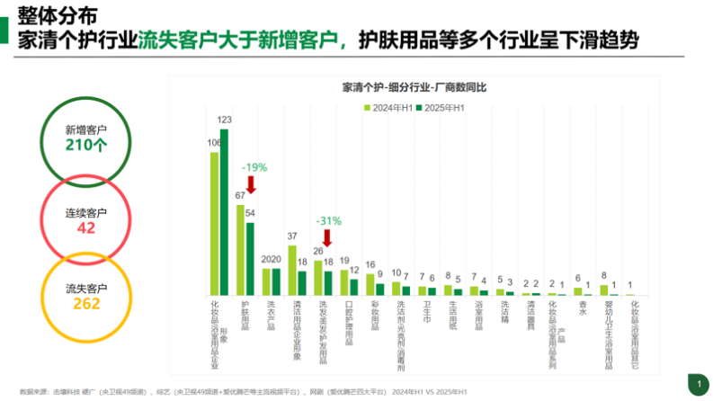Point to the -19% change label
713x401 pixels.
[x=254, y=167]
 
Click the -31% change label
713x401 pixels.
[x=328, y=220]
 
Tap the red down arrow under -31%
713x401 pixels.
[x=328, y=237]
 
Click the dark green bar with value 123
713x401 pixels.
[x=225, y=212]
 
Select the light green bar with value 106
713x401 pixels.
[x=215, y=223]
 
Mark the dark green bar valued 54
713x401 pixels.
[x=251, y=258]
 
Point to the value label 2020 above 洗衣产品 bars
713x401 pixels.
[x=271, y=260]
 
